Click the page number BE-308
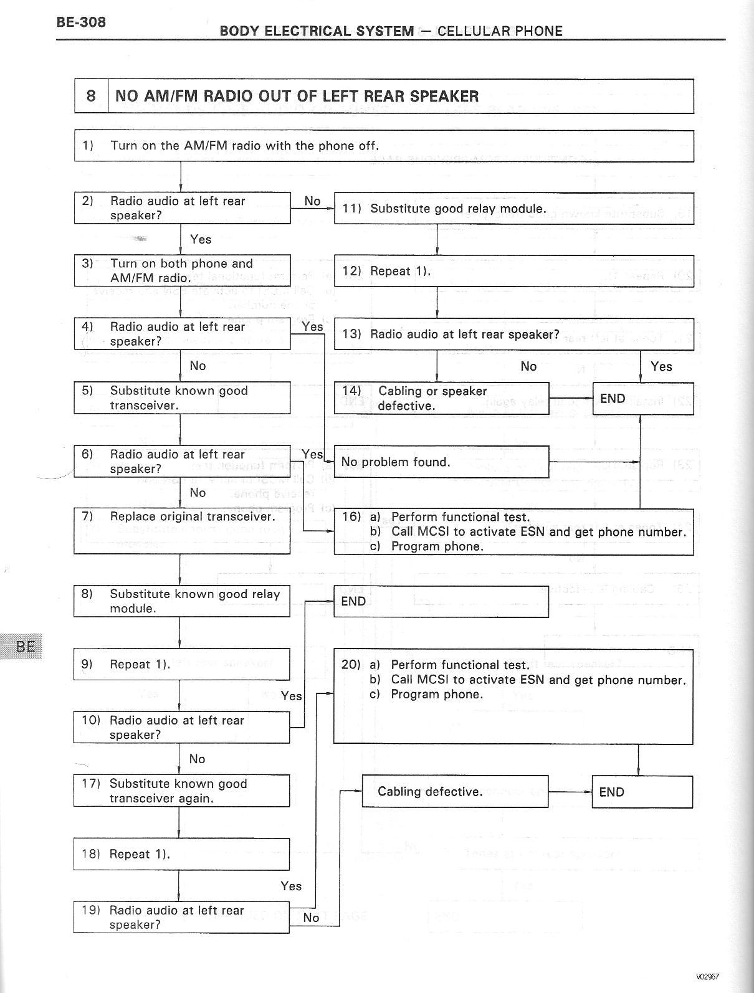[x=81, y=22]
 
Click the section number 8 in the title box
[x=91, y=96]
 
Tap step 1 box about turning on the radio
[x=383, y=146]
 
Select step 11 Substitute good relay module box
[x=513, y=209]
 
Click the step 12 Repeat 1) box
[x=513, y=271]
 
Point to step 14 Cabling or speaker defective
[x=441, y=399]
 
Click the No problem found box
[x=441, y=462]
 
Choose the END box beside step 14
[x=642, y=399]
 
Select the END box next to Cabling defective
[x=641, y=792]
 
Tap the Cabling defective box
[x=455, y=792]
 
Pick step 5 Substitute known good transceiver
[x=181, y=398]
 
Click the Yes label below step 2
[x=201, y=239]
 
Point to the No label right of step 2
[x=312, y=201]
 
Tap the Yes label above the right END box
[x=661, y=366]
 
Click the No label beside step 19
[x=310, y=918]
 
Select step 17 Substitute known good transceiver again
[x=181, y=791]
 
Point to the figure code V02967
[x=707, y=977]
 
